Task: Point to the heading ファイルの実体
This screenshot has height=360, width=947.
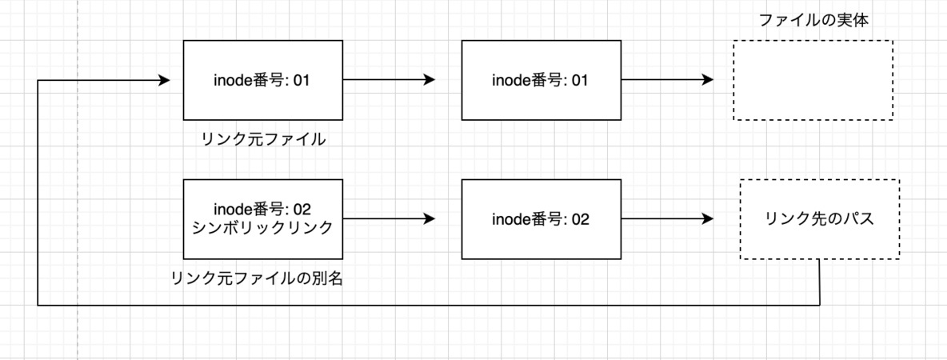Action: tap(813, 20)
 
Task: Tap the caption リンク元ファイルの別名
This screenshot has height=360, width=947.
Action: tap(258, 279)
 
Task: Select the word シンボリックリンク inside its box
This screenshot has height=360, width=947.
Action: tap(262, 228)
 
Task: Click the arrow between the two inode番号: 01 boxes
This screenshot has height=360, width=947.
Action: tap(390, 80)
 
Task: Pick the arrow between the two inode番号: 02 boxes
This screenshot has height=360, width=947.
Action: tap(390, 218)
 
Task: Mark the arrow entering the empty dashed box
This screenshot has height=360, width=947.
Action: tap(667, 80)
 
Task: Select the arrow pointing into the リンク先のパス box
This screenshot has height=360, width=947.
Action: tap(667, 218)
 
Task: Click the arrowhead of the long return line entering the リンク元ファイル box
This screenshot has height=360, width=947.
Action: tap(164, 80)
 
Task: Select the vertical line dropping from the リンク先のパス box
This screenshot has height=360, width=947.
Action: tap(820, 282)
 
